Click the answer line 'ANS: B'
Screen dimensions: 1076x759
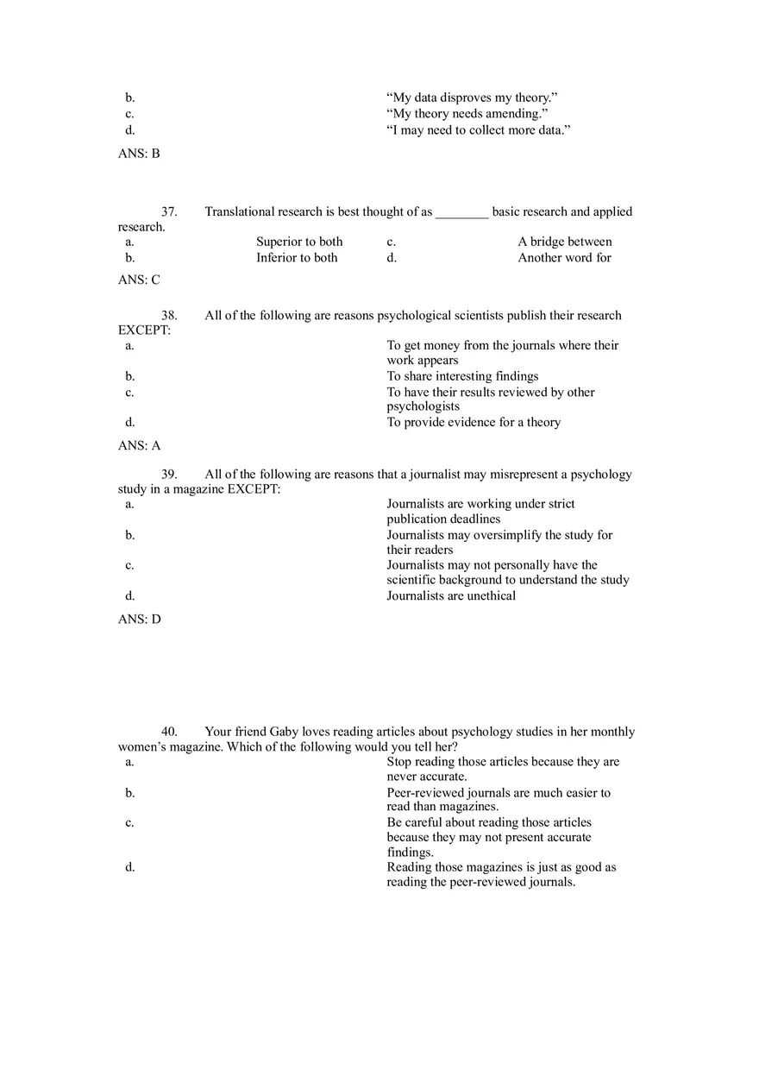[x=139, y=154]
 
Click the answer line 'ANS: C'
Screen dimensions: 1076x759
[x=139, y=280]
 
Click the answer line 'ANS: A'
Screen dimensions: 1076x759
[x=139, y=445]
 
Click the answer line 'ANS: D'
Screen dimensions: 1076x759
[x=139, y=619]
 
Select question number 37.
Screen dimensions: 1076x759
[x=169, y=211]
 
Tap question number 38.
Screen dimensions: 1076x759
[x=169, y=315]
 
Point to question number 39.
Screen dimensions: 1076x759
[x=169, y=474]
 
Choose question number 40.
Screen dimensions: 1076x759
[x=169, y=731]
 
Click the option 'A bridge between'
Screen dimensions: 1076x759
[x=565, y=242]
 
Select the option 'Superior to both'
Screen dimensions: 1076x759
[x=299, y=242]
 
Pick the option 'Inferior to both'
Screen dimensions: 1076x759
[x=297, y=257]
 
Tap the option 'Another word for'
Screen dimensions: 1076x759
[x=564, y=257]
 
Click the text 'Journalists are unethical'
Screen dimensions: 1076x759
[x=451, y=595]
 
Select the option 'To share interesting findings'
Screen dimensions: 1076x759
[x=462, y=375]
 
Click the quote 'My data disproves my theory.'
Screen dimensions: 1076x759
[x=472, y=98]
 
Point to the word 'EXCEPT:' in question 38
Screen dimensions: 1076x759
[x=144, y=330]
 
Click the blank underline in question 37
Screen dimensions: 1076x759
[x=462, y=213]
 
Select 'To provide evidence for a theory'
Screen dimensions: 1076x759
[x=474, y=422]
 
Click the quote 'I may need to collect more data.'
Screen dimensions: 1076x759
[x=479, y=130]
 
